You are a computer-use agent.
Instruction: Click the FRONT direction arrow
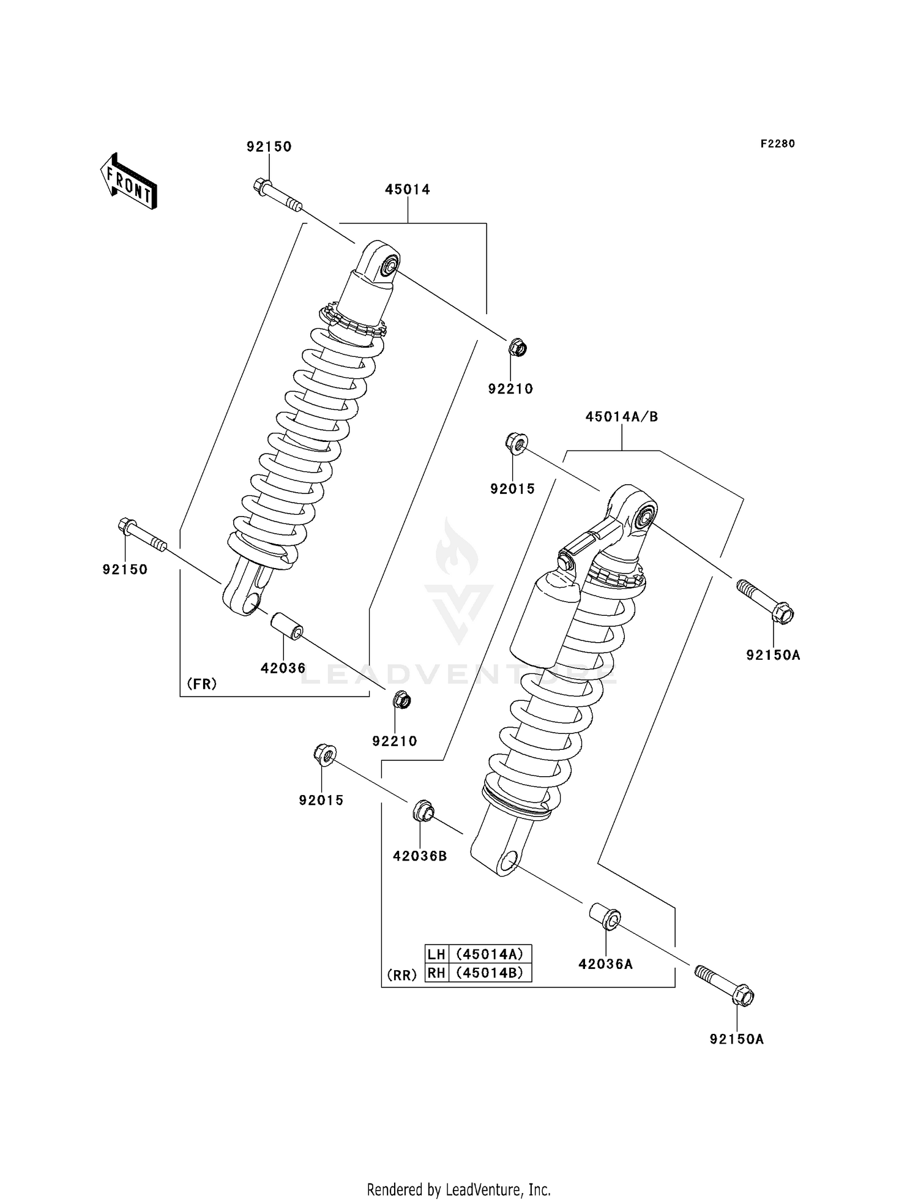pyautogui.click(x=129, y=182)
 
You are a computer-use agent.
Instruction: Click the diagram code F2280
pyautogui.click(x=777, y=144)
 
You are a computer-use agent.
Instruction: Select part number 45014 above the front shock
pyautogui.click(x=407, y=190)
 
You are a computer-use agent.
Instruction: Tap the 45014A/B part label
pyautogui.click(x=621, y=417)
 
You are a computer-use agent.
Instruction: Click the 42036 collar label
pyautogui.click(x=283, y=668)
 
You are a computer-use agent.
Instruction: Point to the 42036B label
pyautogui.click(x=420, y=856)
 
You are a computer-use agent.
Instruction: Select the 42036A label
pyautogui.click(x=605, y=964)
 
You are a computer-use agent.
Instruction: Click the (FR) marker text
pyautogui.click(x=202, y=684)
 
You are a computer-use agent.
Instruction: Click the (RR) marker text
pyautogui.click(x=401, y=975)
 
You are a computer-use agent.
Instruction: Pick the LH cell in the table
pyautogui.click(x=436, y=954)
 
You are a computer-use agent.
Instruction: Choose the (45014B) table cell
pyautogui.click(x=490, y=973)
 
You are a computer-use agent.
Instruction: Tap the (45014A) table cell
pyautogui.click(x=490, y=954)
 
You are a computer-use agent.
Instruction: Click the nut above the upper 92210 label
pyautogui.click(x=517, y=348)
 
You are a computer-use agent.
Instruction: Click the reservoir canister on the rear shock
pyautogui.click(x=545, y=619)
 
